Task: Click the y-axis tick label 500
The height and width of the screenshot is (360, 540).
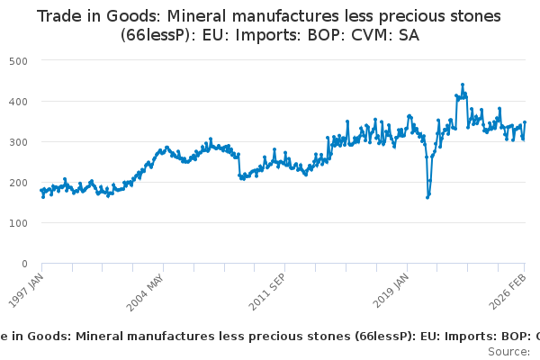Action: [x=18, y=61]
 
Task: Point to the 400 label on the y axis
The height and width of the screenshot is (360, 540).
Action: [x=18, y=102]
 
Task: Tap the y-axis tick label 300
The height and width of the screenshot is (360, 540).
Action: [x=18, y=142]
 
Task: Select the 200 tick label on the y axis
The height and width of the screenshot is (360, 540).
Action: [x=18, y=183]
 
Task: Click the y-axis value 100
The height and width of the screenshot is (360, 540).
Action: [x=18, y=223]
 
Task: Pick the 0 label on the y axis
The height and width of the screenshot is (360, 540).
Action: [x=24, y=264]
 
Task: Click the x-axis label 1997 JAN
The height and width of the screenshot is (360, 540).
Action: [x=26, y=291]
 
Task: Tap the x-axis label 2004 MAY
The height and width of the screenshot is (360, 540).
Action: [x=145, y=292]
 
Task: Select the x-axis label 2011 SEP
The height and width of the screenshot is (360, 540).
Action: [x=267, y=292]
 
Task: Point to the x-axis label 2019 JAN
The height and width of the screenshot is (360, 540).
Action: [x=391, y=291]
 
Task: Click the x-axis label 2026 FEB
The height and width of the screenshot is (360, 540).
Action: [x=508, y=292]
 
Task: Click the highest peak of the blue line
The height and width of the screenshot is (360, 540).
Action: [x=463, y=85]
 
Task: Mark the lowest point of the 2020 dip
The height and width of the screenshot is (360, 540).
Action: [x=427, y=197]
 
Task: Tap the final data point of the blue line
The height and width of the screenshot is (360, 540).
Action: [x=525, y=122]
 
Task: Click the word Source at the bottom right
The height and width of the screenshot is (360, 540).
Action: [x=508, y=352]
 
